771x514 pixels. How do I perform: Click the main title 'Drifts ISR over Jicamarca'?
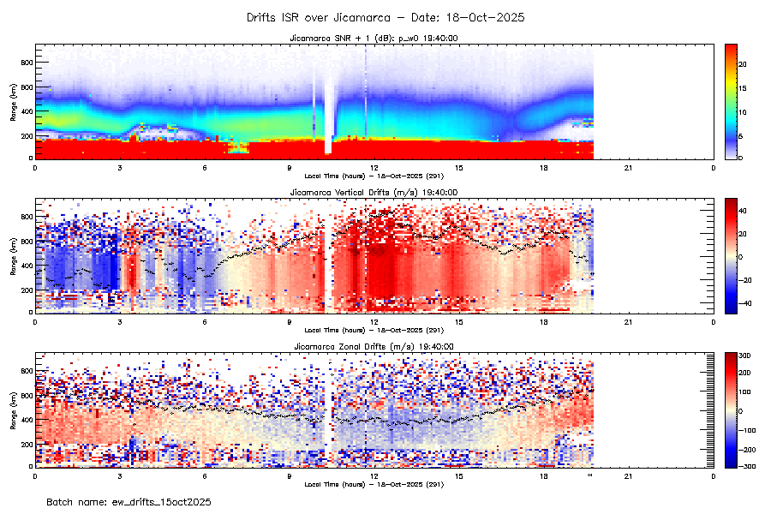pyautogui.click(x=385, y=17)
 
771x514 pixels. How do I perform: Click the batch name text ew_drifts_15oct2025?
pyautogui.click(x=128, y=501)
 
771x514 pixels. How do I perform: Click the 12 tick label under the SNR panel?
pyautogui.click(x=374, y=167)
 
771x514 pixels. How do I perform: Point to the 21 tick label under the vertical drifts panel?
pyautogui.click(x=629, y=321)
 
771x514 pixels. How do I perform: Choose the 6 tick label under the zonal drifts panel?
pyautogui.click(x=205, y=475)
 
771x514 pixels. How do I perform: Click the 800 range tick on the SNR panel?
pyautogui.click(x=26, y=63)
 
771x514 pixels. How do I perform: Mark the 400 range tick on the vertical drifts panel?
pyautogui.click(x=26, y=266)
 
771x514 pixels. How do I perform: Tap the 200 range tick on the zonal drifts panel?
pyautogui.click(x=26, y=444)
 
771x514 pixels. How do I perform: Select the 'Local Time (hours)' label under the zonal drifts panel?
pyautogui.click(x=374, y=484)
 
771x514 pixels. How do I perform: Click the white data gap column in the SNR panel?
pyautogui.click(x=328, y=103)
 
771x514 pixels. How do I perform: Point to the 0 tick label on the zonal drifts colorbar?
pyautogui.click(x=741, y=410)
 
